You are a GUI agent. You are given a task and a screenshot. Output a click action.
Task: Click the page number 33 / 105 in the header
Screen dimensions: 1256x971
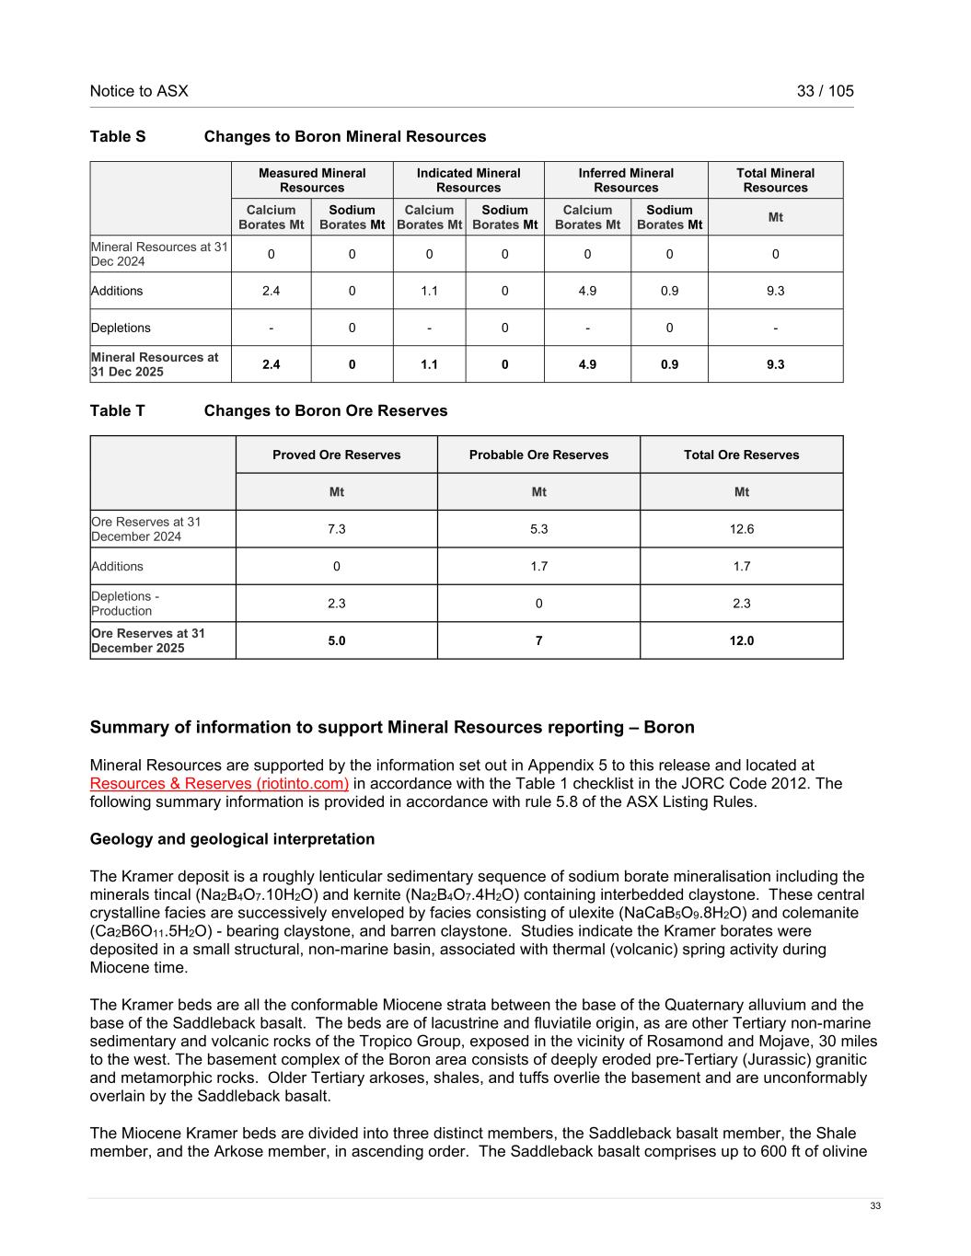click(x=825, y=91)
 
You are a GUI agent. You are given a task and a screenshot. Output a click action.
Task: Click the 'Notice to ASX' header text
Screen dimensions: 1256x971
click(x=139, y=91)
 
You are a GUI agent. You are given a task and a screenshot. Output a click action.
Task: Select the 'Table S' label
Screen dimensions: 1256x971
click(x=118, y=137)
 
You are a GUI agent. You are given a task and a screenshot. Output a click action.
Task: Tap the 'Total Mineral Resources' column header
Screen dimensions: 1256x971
click(x=775, y=180)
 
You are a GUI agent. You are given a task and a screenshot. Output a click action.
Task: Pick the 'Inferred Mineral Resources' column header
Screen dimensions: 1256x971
click(x=626, y=180)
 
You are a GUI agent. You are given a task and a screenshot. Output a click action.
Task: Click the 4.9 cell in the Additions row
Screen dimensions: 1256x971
click(x=587, y=291)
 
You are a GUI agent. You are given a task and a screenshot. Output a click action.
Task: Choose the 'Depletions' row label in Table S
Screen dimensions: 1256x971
click(x=121, y=328)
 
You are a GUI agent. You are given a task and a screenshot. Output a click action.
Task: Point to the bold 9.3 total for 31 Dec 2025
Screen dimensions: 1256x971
click(x=775, y=364)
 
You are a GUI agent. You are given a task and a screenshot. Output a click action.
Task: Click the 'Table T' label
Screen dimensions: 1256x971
click(x=118, y=411)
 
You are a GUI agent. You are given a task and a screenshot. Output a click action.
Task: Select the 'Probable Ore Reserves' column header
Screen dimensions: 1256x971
click(x=538, y=455)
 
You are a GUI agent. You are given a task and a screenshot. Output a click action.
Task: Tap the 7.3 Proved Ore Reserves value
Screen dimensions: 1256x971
click(x=337, y=529)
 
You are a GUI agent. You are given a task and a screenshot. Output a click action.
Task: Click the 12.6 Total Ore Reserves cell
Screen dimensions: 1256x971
click(x=741, y=529)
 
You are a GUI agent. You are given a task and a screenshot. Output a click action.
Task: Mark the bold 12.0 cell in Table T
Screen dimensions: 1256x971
click(x=741, y=640)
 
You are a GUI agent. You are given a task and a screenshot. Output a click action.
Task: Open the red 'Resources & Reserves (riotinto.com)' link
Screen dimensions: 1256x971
click(x=219, y=784)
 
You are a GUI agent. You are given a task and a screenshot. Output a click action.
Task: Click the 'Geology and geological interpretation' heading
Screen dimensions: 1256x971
click(x=232, y=839)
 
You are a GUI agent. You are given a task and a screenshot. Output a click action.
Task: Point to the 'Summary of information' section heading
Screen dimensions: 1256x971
click(x=392, y=728)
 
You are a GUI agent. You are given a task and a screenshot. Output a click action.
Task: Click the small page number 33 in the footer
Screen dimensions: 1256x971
click(x=875, y=1206)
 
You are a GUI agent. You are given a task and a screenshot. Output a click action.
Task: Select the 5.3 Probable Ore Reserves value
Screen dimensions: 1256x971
click(x=538, y=529)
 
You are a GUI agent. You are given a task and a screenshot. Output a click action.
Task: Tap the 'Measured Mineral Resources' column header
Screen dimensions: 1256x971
click(x=312, y=180)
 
